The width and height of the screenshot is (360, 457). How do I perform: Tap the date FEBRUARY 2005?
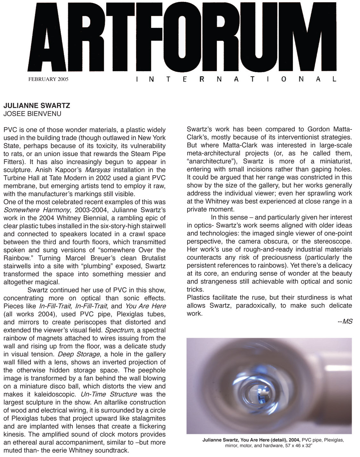tap(49, 79)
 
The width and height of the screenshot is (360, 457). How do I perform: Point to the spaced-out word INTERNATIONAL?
tap(236, 79)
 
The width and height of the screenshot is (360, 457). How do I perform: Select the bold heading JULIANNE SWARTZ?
tap(37, 105)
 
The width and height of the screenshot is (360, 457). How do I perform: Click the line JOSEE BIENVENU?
tap(32, 113)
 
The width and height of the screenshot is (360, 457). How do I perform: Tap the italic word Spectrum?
tap(117, 330)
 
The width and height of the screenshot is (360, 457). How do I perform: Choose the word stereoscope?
tap(334, 241)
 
